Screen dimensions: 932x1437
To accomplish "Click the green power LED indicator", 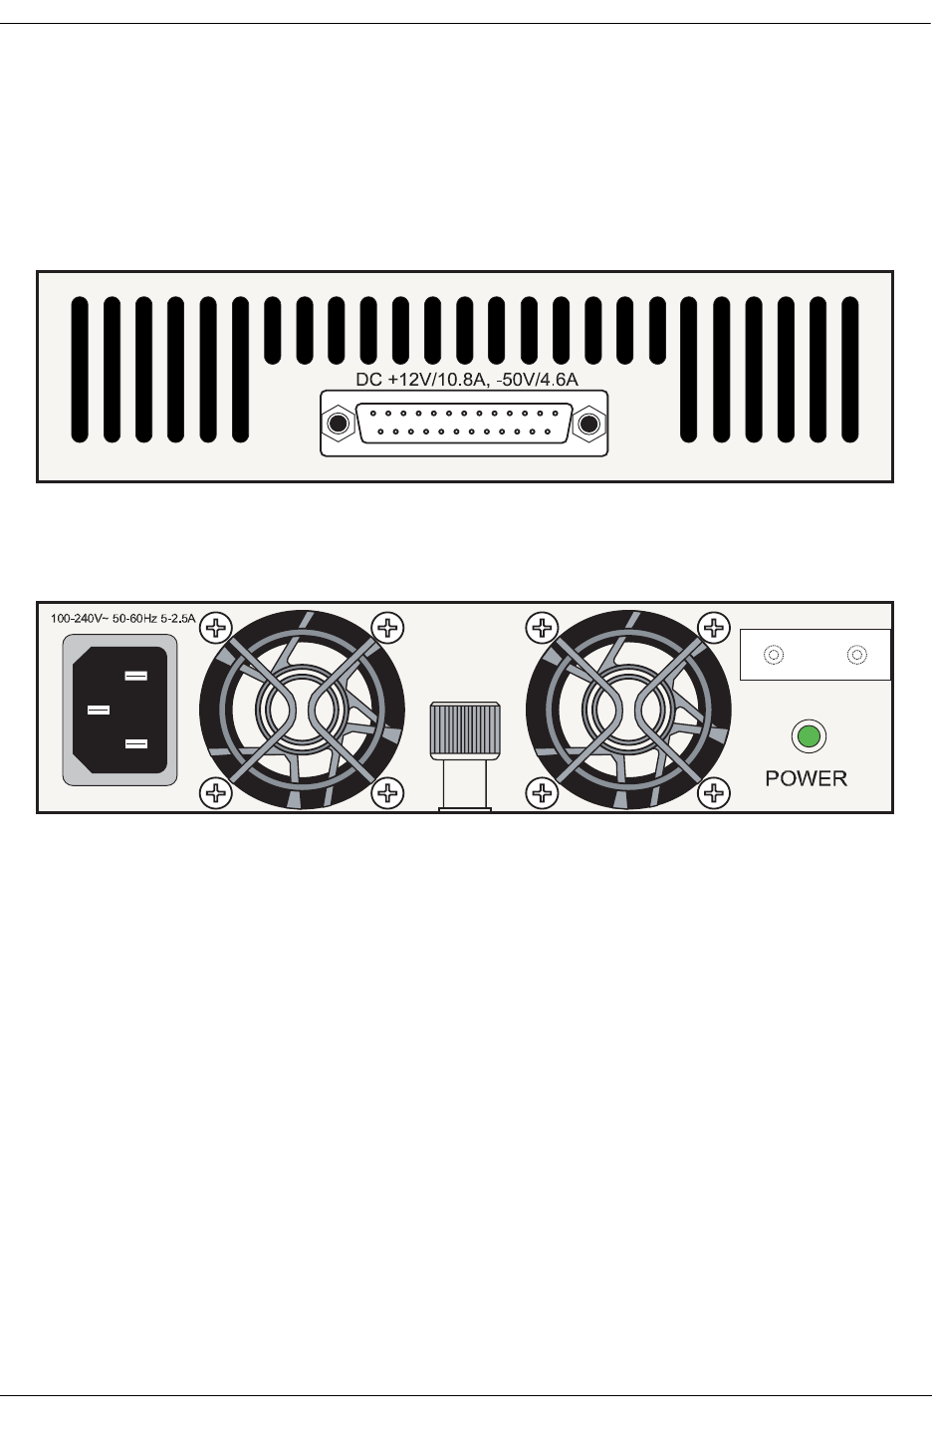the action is [809, 737].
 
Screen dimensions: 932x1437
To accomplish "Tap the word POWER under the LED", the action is [806, 778].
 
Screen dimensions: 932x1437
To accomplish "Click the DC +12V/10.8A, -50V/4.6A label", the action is [467, 380].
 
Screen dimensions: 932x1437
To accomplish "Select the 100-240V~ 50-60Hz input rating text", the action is [123, 619].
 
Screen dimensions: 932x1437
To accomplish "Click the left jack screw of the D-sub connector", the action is [339, 425].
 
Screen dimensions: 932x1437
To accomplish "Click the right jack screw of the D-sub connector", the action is [589, 425].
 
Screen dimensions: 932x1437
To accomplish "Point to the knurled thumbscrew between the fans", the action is [465, 732].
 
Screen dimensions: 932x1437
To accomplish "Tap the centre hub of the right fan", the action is [627, 710].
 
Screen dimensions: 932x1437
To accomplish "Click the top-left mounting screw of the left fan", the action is [216, 627].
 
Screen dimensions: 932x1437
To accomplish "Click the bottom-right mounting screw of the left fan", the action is [387, 793].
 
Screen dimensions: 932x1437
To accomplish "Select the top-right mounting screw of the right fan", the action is [713, 627].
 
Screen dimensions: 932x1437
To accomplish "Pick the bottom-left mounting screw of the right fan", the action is [542, 793].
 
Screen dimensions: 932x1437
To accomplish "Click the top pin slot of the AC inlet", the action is [136, 677].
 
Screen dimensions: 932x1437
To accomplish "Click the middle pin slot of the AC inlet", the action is [99, 710].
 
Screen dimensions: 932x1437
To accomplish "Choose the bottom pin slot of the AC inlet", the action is [136, 743].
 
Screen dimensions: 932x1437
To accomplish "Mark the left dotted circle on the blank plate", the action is [772, 656].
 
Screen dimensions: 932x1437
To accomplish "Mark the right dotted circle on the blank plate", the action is [855, 656].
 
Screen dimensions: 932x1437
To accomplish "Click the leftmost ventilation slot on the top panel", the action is [80, 369].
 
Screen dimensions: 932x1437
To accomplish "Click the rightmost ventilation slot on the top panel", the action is [849, 369].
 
